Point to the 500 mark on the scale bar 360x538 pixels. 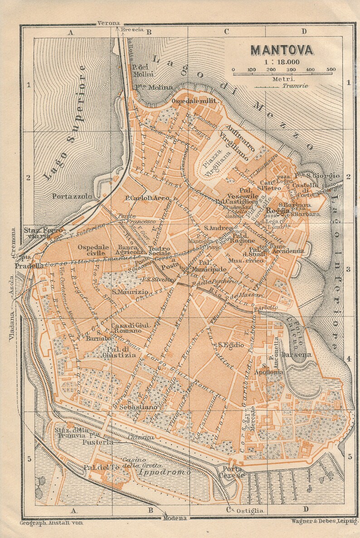[x=331, y=69]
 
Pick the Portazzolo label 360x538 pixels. [x=72, y=196]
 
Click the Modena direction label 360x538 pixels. [x=175, y=518]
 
